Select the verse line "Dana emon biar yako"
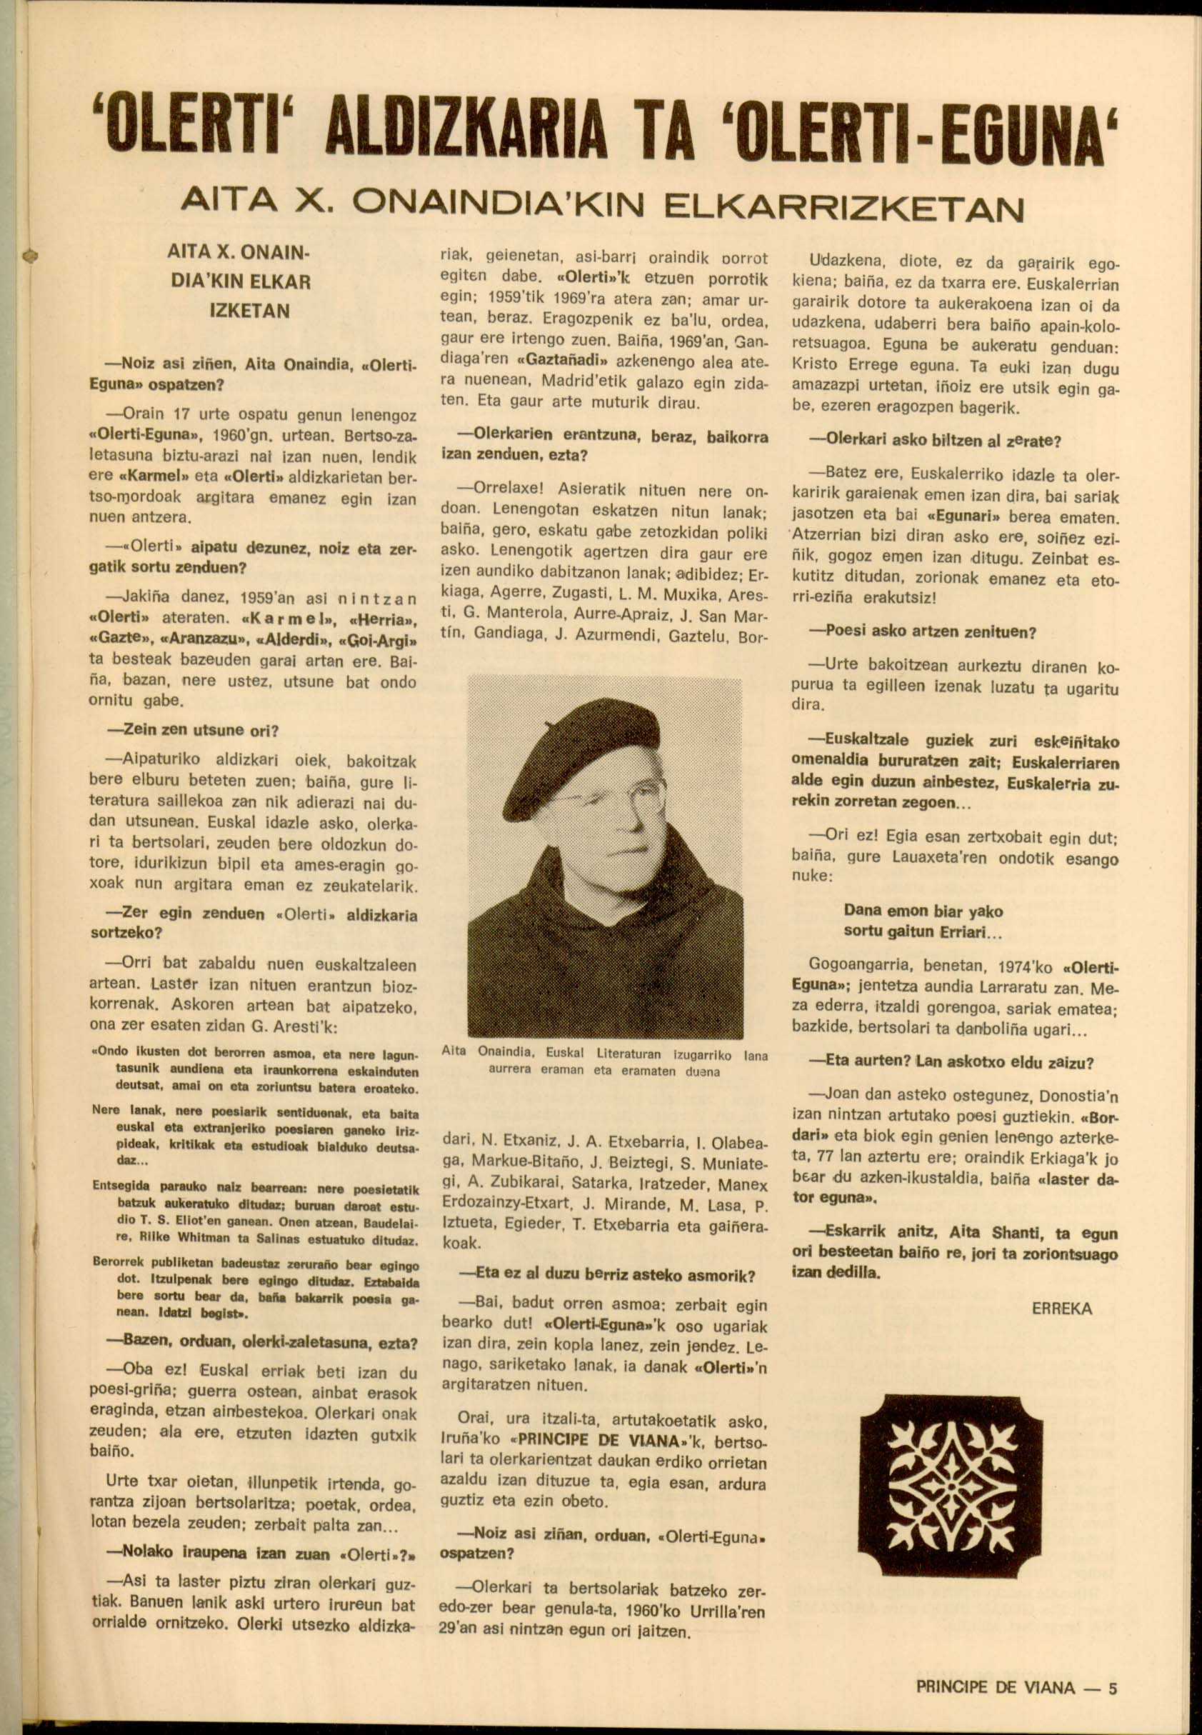923,911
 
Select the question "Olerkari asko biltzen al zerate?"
934,440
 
